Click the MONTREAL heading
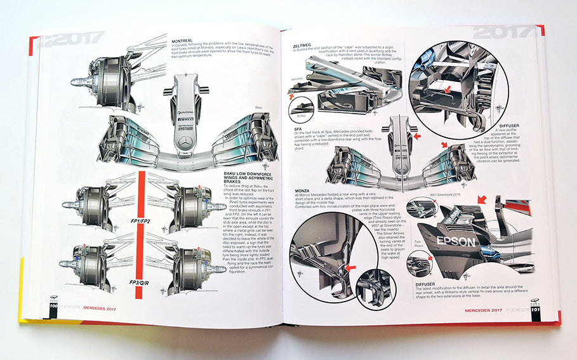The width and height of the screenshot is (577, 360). click(x=183, y=41)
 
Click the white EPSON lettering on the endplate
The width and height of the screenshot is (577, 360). click(x=454, y=242)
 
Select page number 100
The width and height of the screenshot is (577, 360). click(x=46, y=311)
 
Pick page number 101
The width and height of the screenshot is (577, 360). click(x=536, y=312)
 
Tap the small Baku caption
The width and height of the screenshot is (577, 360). click(x=258, y=108)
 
